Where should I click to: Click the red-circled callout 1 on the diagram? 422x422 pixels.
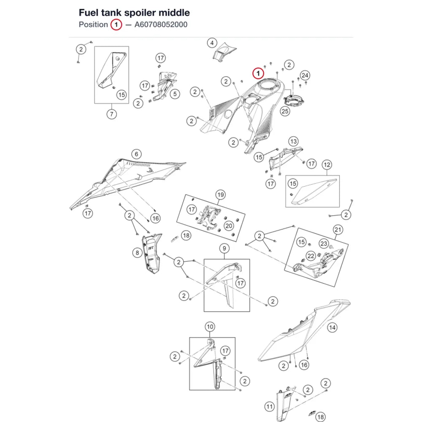click(258, 73)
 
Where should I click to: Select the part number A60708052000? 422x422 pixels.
click(161, 24)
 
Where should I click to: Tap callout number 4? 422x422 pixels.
click(212, 43)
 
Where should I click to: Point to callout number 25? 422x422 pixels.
click(285, 111)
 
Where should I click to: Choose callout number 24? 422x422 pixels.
click(305, 76)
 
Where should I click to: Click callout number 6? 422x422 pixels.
click(136, 154)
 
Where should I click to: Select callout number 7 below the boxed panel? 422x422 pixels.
click(111, 114)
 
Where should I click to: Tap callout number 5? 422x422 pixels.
click(175, 94)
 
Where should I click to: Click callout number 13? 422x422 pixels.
click(293, 141)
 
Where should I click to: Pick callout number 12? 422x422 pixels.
click(327, 165)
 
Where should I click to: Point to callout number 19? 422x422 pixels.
click(220, 195)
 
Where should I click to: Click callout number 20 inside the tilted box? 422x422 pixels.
click(229, 226)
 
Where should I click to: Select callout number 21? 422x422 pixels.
click(338, 230)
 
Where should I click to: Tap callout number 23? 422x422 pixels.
click(324, 243)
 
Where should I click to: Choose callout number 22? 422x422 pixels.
click(311, 256)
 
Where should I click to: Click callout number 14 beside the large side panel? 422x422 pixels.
click(332, 327)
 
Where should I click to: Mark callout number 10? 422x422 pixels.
click(210, 327)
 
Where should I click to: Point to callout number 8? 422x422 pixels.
click(137, 253)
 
